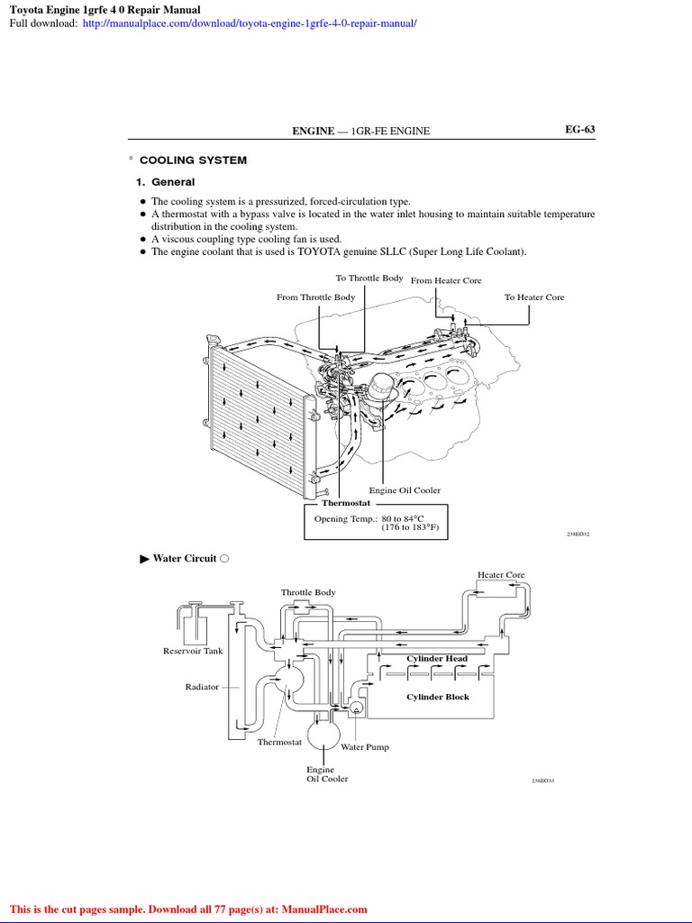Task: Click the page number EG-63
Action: point(579,130)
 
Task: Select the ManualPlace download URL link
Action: point(250,22)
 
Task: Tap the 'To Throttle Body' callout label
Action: point(369,279)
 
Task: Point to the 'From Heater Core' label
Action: point(446,281)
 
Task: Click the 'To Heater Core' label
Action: point(534,297)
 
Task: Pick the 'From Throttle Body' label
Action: point(315,297)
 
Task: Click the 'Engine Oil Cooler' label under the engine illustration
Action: point(411,490)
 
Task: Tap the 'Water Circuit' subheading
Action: point(185,559)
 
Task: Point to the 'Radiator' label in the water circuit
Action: point(202,687)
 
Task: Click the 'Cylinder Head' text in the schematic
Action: point(437,659)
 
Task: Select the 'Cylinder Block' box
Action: point(437,697)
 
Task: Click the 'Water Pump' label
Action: point(365,747)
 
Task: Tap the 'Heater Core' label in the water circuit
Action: point(501,575)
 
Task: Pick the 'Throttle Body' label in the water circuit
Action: point(308,592)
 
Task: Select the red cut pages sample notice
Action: point(188,909)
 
